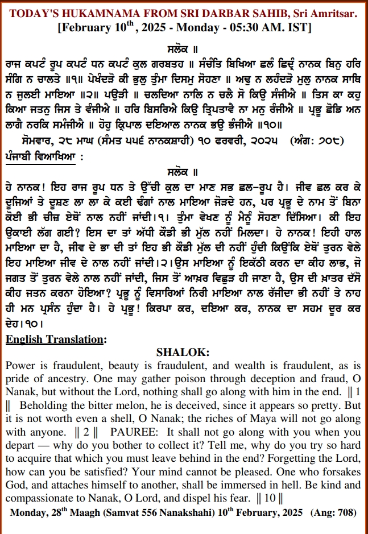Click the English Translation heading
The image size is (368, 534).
55,340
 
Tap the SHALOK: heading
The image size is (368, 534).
184,353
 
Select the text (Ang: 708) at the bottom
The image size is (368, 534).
333,512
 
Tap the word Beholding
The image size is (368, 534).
48,406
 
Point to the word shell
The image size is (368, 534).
123,419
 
